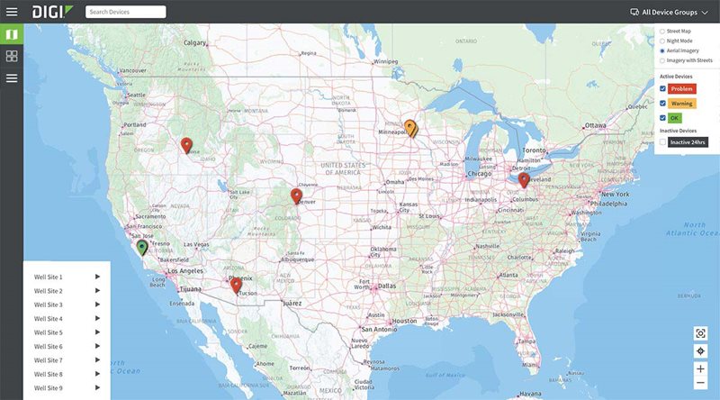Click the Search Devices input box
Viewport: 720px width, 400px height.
(x=125, y=12)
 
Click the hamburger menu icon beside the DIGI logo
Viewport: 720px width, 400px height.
(x=13, y=12)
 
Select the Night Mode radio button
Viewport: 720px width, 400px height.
(x=663, y=41)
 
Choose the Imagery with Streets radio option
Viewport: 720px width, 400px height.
(x=663, y=61)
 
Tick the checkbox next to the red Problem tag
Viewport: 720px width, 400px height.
(x=663, y=89)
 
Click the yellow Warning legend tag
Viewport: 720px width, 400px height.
(x=681, y=104)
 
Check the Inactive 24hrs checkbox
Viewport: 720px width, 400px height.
(x=663, y=142)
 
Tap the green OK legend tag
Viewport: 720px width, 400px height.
(x=675, y=118)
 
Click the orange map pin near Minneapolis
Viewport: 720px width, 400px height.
(x=410, y=128)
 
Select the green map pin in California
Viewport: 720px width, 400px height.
(x=141, y=247)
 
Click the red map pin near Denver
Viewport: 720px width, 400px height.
(x=296, y=195)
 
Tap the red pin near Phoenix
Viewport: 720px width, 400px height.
(x=236, y=285)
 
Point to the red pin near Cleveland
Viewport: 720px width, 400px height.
(x=524, y=179)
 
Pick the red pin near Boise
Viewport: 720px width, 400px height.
(x=186, y=145)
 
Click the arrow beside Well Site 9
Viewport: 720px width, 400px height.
(x=97, y=388)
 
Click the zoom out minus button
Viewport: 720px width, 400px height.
(x=700, y=383)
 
